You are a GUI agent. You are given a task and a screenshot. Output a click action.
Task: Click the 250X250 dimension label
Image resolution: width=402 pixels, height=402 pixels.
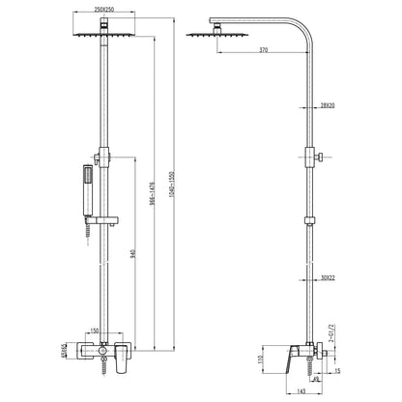click(x=104, y=10)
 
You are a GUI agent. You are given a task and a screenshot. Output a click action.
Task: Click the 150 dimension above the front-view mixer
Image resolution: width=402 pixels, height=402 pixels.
click(x=95, y=331)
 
